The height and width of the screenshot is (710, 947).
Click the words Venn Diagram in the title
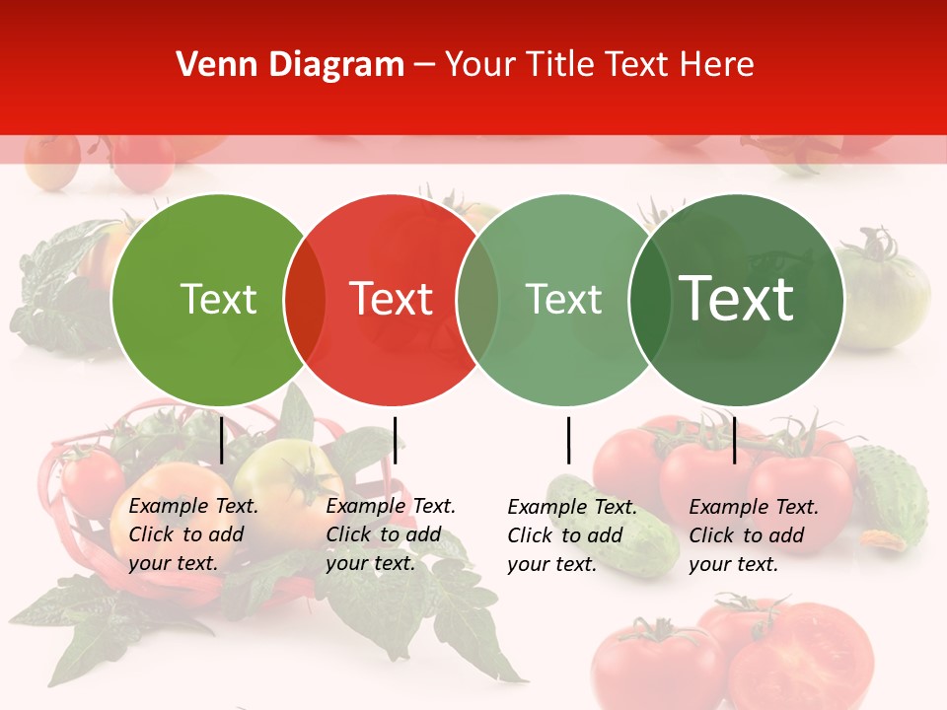(290, 65)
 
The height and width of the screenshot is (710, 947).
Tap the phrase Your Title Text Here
(599, 65)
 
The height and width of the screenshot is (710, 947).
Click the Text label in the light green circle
(218, 299)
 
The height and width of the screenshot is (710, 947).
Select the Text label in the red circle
(391, 299)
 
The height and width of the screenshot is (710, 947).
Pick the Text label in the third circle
(563, 299)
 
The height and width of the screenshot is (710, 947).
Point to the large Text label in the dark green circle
(737, 299)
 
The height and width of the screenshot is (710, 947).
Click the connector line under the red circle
(395, 440)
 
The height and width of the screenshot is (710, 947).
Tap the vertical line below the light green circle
(221, 440)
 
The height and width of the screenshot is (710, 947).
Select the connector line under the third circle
(568, 440)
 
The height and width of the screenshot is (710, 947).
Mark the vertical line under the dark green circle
(734, 440)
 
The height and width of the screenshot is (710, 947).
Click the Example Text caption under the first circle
(193, 534)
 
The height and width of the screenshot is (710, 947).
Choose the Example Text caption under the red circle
(391, 534)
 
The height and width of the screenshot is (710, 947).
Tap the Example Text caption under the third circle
(572, 535)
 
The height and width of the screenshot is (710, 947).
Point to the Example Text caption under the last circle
(754, 535)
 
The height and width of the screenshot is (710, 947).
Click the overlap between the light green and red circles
(305, 300)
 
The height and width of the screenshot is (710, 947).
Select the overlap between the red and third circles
(477, 300)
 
